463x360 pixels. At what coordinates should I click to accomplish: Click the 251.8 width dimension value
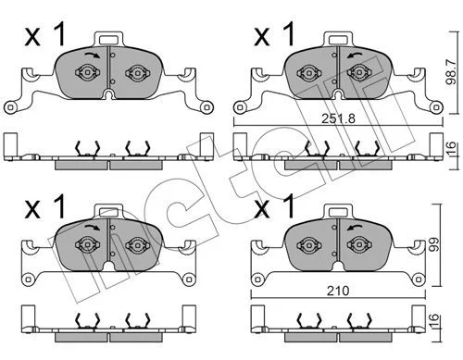[x=339, y=118]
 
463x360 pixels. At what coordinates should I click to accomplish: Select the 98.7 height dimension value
[x=452, y=71]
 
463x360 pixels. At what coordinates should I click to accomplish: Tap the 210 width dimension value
[x=338, y=291]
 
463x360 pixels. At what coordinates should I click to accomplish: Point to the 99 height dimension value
[x=434, y=244]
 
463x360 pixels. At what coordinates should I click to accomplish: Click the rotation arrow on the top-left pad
[x=93, y=55]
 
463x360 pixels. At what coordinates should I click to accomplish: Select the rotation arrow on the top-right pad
[x=355, y=55]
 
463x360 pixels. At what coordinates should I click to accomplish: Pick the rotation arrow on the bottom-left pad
[x=93, y=228]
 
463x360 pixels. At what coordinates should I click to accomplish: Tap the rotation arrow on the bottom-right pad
[x=355, y=228]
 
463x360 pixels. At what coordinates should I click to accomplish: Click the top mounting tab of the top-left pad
[x=108, y=39]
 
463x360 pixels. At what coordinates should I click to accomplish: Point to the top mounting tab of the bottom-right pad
[x=339, y=212]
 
